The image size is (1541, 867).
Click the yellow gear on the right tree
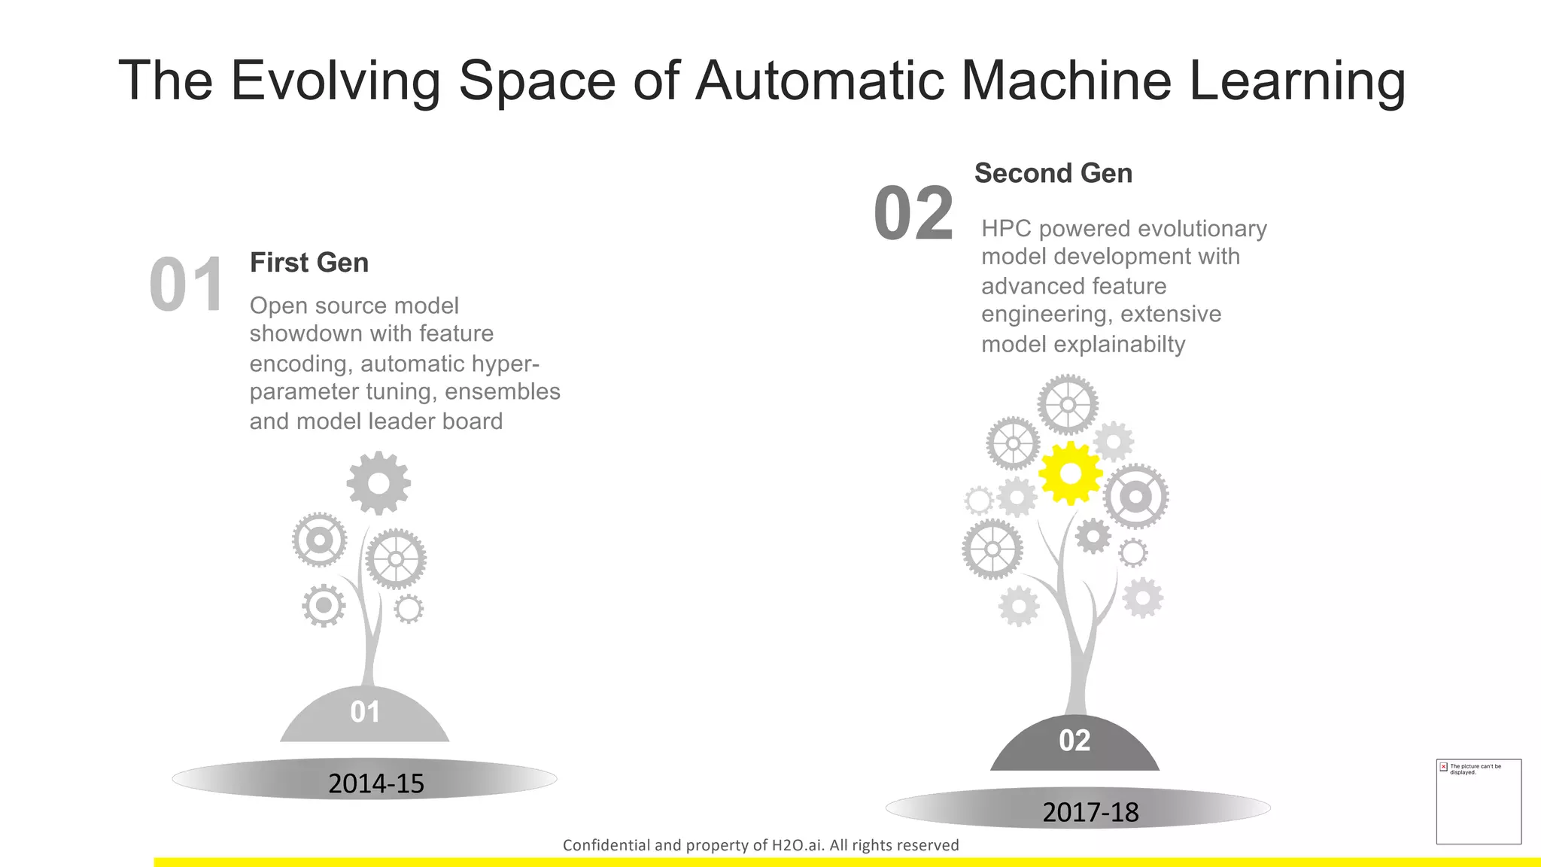(1070, 473)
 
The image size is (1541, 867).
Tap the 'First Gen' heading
(309, 263)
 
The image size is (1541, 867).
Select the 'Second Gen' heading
(1053, 173)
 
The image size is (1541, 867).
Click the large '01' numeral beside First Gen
(187, 285)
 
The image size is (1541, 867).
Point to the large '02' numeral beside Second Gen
(913, 214)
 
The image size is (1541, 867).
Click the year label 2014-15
(376, 783)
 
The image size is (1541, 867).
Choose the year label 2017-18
(1090, 812)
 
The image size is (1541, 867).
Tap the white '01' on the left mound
(365, 712)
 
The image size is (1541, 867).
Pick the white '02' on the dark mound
(1074, 741)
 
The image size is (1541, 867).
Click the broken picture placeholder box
(1479, 802)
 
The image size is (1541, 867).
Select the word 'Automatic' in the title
(819, 81)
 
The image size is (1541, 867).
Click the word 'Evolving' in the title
(336, 81)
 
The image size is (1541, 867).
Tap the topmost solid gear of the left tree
(378, 483)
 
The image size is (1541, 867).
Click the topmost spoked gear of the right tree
(1068, 405)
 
